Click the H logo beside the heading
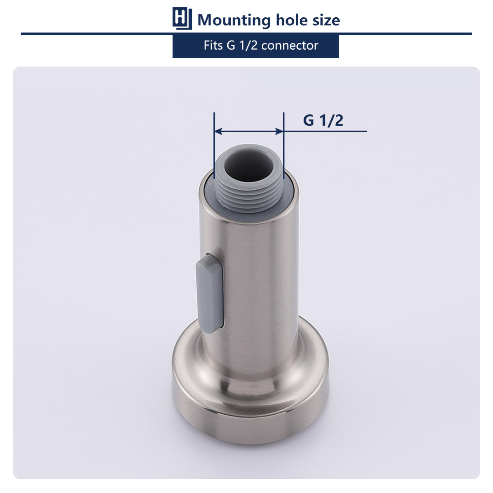tap(182, 18)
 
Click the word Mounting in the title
tap(234, 21)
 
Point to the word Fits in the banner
tap(213, 45)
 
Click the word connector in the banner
tap(289, 46)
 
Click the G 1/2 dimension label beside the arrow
tap(323, 120)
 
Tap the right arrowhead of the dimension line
tap(280, 131)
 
